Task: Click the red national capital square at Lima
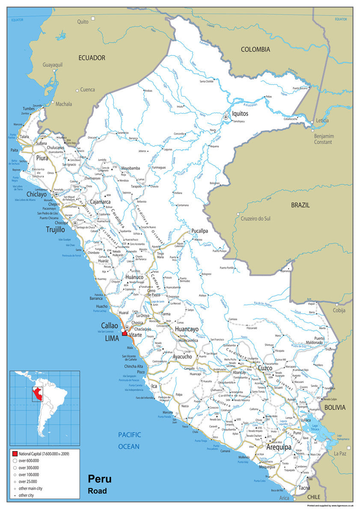tap(125, 334)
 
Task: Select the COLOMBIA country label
tap(255, 50)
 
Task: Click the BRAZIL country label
tap(300, 205)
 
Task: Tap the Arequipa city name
tap(279, 447)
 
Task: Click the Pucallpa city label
tap(199, 231)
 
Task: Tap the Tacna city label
tap(304, 488)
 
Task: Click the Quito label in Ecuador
tap(82, 21)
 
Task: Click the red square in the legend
tap(15, 453)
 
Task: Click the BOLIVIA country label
tap(334, 408)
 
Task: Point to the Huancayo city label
tap(187, 329)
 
